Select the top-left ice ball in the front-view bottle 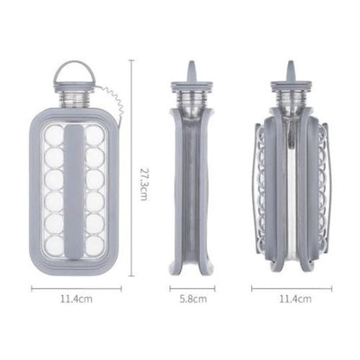tap(52, 135)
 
